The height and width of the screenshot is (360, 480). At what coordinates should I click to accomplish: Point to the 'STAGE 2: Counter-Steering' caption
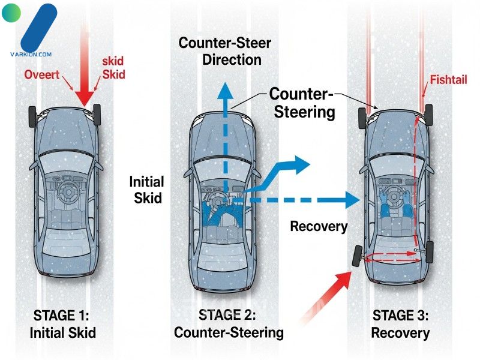(x=228, y=323)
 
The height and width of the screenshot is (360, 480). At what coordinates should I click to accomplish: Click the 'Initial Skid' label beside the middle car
(x=146, y=188)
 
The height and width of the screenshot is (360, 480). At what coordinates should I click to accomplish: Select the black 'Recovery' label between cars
(x=319, y=226)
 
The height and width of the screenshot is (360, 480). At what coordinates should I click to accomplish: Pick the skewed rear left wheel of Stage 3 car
(x=357, y=257)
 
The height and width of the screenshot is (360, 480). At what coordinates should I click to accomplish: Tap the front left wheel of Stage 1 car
(x=32, y=116)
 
